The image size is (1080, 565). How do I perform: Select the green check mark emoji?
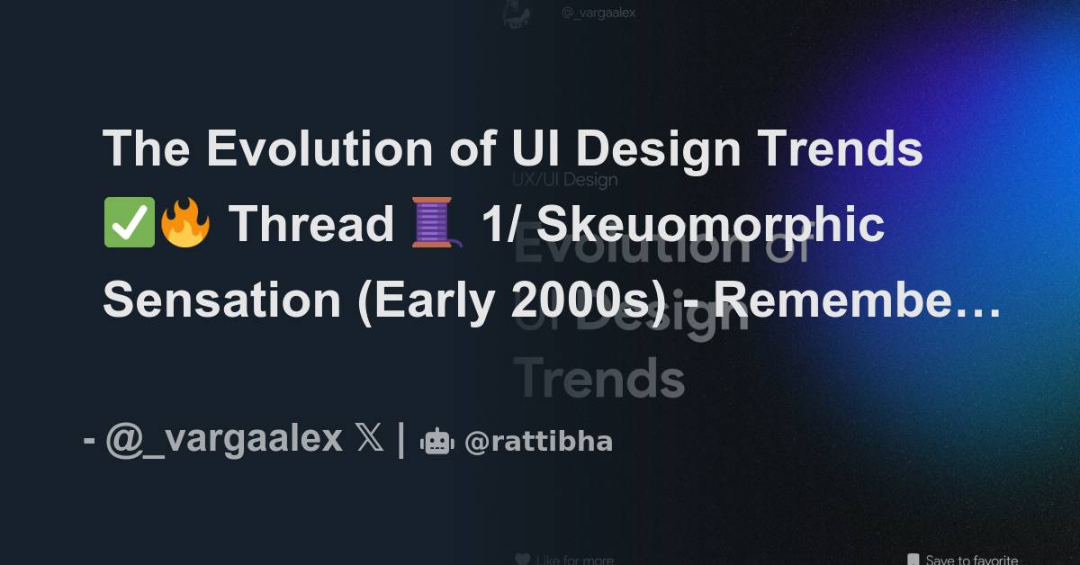(x=130, y=225)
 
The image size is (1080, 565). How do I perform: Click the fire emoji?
(x=184, y=225)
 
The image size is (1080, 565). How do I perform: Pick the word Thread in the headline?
(x=310, y=225)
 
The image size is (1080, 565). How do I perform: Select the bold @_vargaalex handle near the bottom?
(x=224, y=439)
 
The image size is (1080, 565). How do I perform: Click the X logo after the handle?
(x=369, y=439)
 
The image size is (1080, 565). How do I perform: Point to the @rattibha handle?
(x=538, y=442)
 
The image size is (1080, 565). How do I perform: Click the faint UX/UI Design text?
(x=564, y=179)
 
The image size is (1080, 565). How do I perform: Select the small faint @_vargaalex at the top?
(x=598, y=13)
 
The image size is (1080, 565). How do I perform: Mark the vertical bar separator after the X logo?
(x=400, y=439)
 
